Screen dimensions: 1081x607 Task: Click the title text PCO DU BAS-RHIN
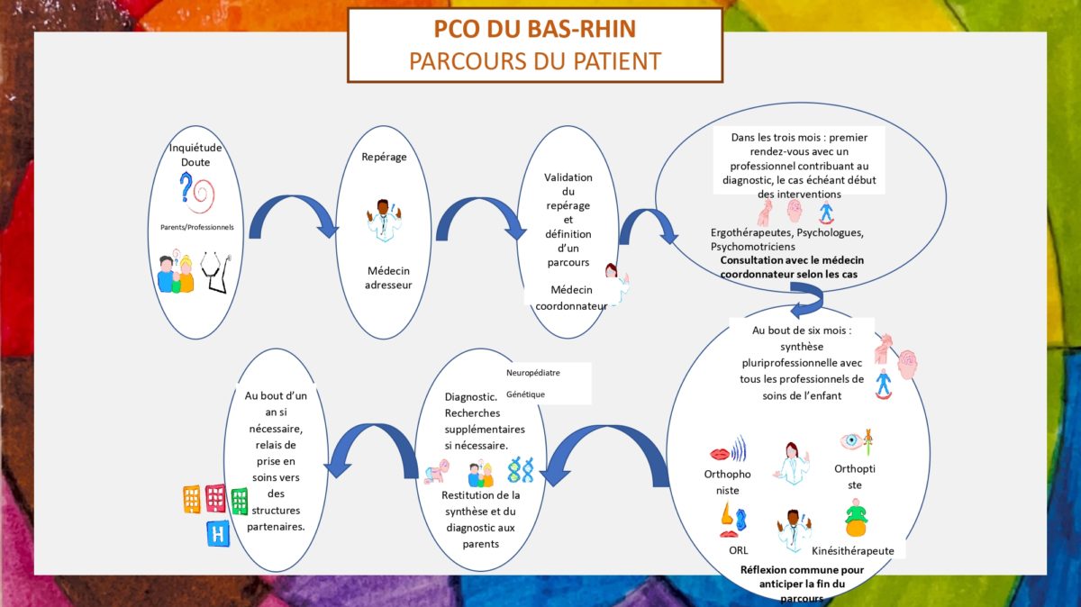535,29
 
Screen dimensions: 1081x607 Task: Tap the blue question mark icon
186,187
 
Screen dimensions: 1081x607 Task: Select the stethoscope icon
215,272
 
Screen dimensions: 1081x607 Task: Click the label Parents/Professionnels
197,227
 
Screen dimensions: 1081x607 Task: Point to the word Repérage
384,158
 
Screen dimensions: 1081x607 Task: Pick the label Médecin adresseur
388,278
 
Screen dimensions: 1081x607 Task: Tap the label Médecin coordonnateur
571,298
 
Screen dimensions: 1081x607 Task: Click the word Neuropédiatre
532,373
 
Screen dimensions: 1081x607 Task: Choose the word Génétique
525,394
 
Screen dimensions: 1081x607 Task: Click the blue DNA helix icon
521,470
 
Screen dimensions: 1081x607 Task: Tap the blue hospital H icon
218,534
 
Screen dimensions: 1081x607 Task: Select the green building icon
240,502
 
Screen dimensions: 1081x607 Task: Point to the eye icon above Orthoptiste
851,440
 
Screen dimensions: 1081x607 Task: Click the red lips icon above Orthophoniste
720,454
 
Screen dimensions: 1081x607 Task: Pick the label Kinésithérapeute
853,551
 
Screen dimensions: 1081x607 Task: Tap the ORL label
739,550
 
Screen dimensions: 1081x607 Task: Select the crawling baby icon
437,471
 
